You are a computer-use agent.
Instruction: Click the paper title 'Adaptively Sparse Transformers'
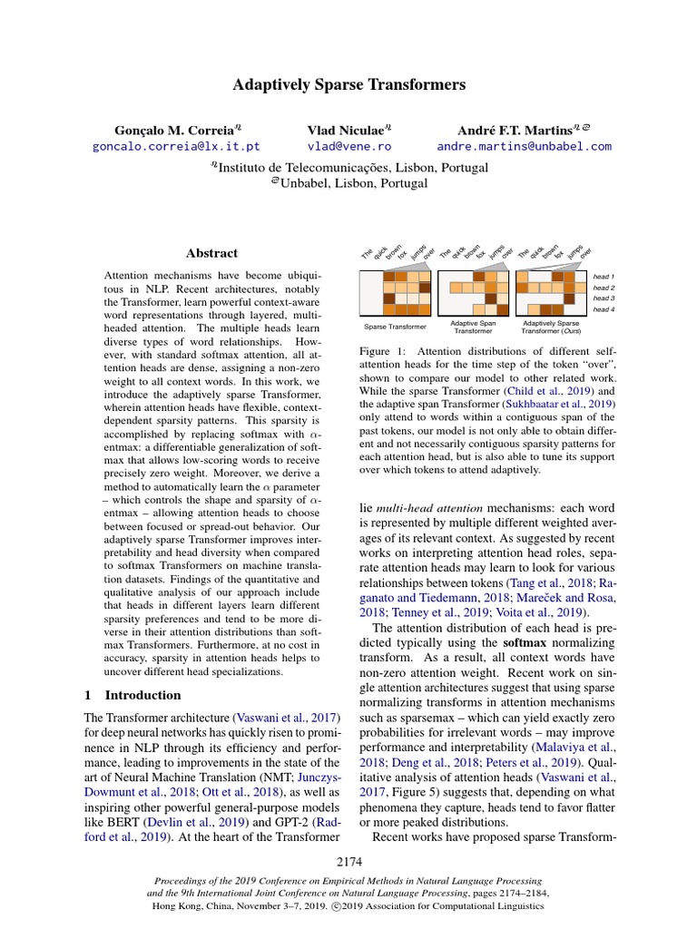coord(348,85)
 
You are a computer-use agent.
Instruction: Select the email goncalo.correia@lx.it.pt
coord(176,145)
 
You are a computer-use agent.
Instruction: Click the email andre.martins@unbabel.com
coord(524,145)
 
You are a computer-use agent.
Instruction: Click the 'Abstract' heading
coord(211,253)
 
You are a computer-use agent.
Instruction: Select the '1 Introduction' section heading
coord(133,695)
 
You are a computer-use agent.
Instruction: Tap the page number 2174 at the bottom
coord(348,861)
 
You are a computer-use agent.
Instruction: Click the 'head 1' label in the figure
coord(604,276)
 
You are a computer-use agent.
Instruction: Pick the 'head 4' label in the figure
coord(604,309)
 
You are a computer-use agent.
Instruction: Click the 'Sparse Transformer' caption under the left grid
coord(396,327)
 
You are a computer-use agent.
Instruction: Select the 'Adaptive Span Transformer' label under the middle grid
coord(473,327)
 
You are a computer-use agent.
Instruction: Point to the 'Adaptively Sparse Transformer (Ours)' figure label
coord(551,327)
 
